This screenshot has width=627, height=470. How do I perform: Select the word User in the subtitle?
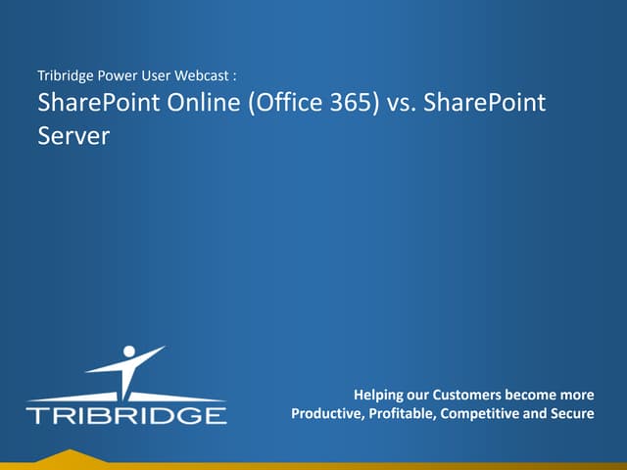[156, 75]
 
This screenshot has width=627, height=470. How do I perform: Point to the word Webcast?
[203, 75]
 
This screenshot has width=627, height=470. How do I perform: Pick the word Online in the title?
[193, 103]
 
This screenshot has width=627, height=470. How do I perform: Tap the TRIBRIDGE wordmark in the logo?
[125, 415]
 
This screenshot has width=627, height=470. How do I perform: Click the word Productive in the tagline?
[327, 414]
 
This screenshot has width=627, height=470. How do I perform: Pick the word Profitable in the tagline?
[402, 414]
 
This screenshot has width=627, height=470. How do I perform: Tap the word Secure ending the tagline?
[572, 414]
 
